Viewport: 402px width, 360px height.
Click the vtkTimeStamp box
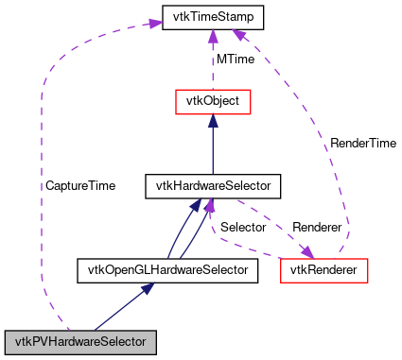(x=211, y=17)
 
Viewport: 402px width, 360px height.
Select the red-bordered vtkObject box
(x=212, y=101)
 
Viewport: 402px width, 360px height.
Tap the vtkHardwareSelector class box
(x=212, y=186)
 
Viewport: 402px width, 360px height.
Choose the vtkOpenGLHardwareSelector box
(x=167, y=271)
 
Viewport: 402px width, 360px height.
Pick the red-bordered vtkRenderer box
(x=323, y=271)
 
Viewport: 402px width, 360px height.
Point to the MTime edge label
(x=235, y=60)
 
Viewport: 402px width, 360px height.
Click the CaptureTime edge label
(x=80, y=186)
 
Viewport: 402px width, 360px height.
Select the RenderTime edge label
(x=362, y=144)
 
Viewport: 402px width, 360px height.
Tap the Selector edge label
(x=243, y=229)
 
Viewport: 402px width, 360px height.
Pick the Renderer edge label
(x=317, y=229)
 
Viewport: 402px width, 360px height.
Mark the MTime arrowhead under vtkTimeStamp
(x=212, y=35)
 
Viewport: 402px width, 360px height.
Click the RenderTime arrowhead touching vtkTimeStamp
(x=239, y=35)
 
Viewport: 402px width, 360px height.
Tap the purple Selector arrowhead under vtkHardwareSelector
(x=210, y=205)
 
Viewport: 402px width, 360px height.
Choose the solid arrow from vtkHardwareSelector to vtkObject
(x=212, y=146)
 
